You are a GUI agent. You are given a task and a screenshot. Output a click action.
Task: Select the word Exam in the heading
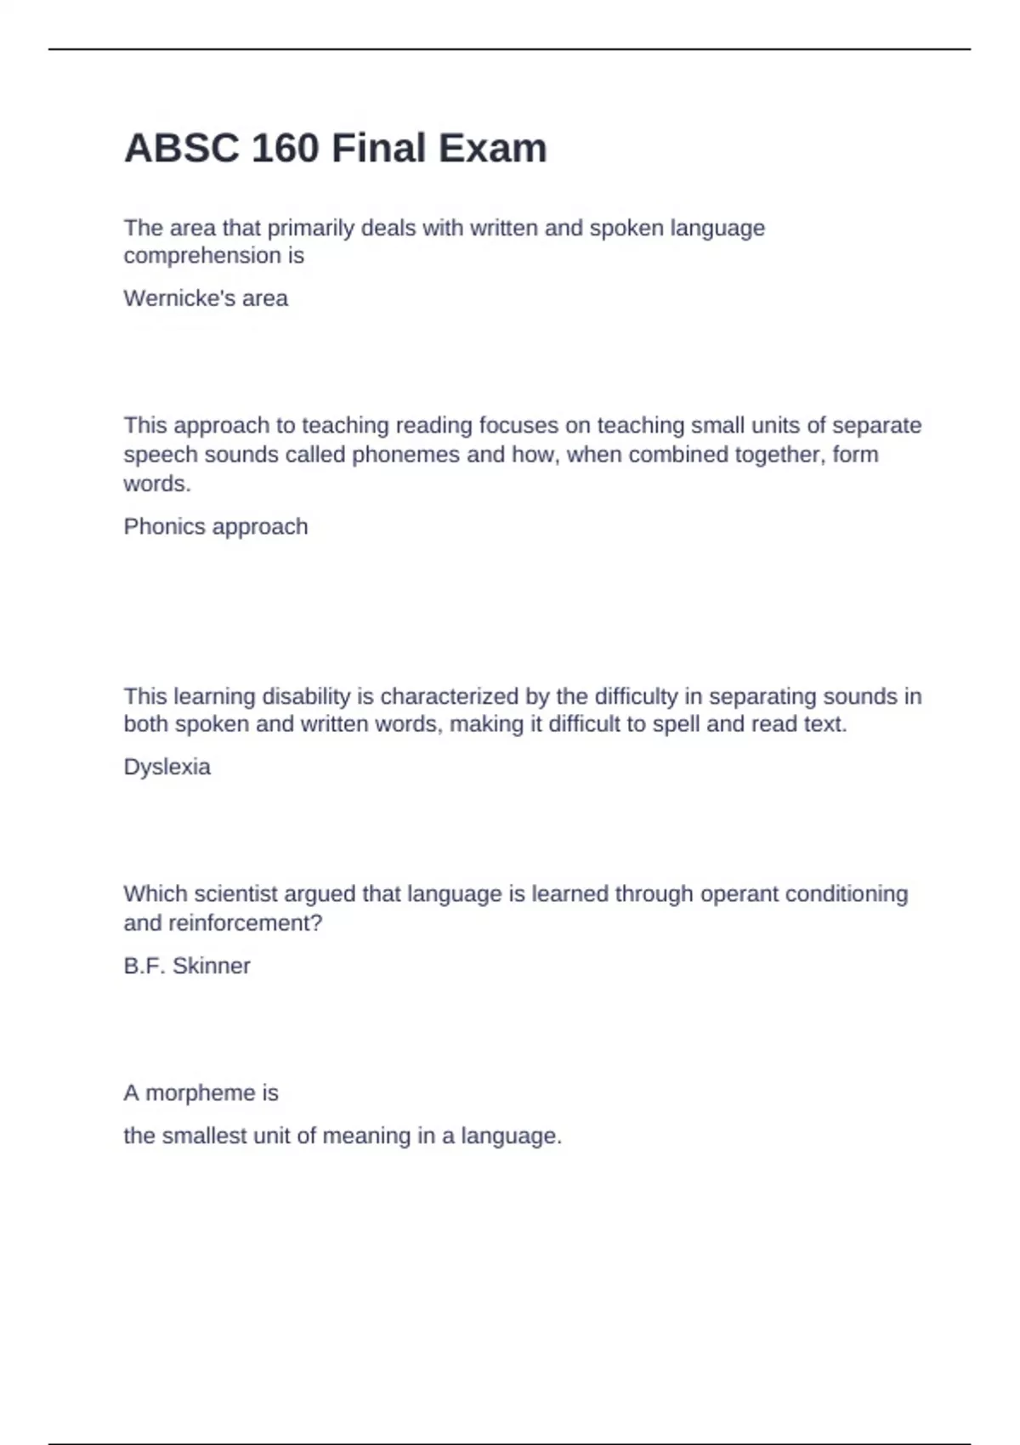[x=493, y=149]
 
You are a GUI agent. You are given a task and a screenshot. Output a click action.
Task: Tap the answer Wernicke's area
[x=206, y=298]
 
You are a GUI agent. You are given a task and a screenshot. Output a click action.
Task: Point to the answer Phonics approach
[x=216, y=527]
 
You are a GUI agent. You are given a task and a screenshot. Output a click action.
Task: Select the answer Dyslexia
[x=167, y=767]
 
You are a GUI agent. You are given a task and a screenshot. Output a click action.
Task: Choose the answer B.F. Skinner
[x=187, y=966]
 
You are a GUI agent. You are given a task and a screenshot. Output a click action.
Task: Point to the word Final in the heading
[x=378, y=149]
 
